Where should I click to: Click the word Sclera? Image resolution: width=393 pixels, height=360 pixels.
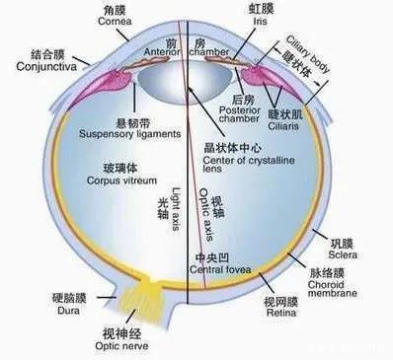coord(343,246)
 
